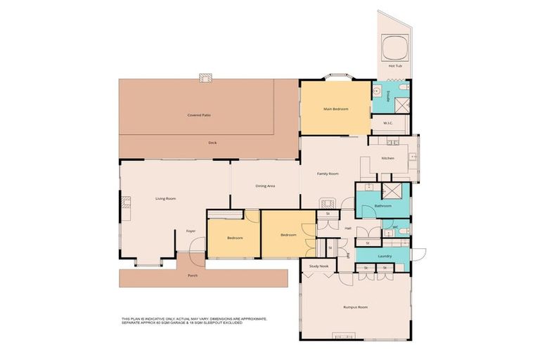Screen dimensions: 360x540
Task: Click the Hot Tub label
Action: tap(394, 66)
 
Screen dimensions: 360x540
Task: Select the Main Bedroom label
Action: tap(335, 109)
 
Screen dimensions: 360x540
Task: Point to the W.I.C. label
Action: tap(388, 123)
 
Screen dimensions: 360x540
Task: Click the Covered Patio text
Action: tap(199, 115)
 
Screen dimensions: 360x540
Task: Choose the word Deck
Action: tap(212, 143)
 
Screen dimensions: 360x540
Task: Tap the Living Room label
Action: tap(165, 199)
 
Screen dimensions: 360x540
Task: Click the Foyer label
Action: tap(190, 231)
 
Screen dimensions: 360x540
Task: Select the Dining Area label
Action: tap(265, 186)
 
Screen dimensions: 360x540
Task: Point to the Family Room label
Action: tap(328, 173)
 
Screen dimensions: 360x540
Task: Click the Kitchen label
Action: tap(388, 158)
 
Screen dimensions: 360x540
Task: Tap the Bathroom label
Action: tap(382, 206)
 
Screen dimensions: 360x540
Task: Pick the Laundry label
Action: tap(384, 256)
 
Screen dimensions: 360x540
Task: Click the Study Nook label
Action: tap(319, 266)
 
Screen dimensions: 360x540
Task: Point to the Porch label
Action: tap(193, 276)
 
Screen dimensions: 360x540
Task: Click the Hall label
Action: tap(347, 228)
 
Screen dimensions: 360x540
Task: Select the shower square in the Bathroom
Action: tap(390, 191)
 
